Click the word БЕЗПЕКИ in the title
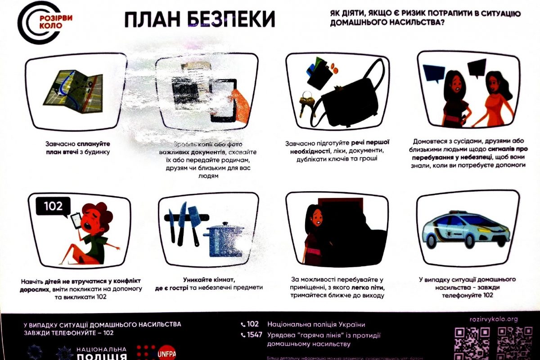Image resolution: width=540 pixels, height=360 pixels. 225,20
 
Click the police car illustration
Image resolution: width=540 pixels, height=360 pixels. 466,229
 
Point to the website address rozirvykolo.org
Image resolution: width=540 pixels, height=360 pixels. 494,319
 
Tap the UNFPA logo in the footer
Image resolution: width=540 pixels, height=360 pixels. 166,353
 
